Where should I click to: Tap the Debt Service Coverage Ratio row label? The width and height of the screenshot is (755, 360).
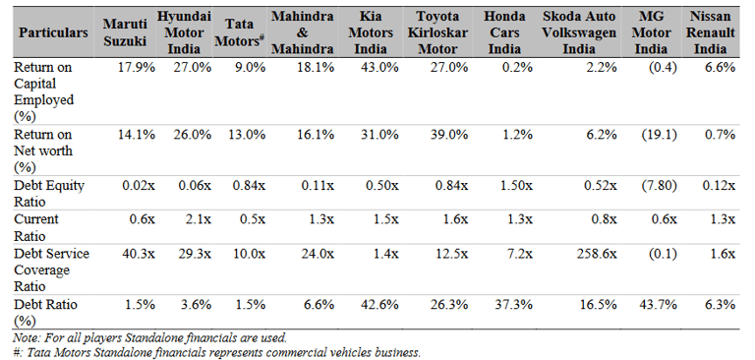[x=51, y=270]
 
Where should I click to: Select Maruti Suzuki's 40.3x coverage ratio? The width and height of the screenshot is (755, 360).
[x=136, y=254]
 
